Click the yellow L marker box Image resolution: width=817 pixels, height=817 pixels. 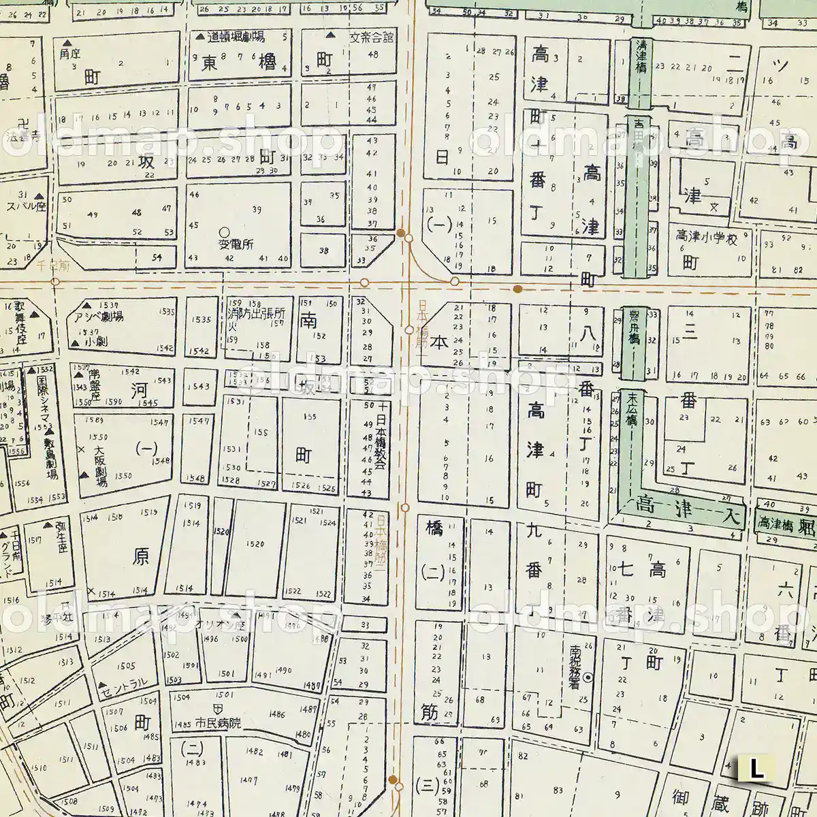[756, 769]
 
